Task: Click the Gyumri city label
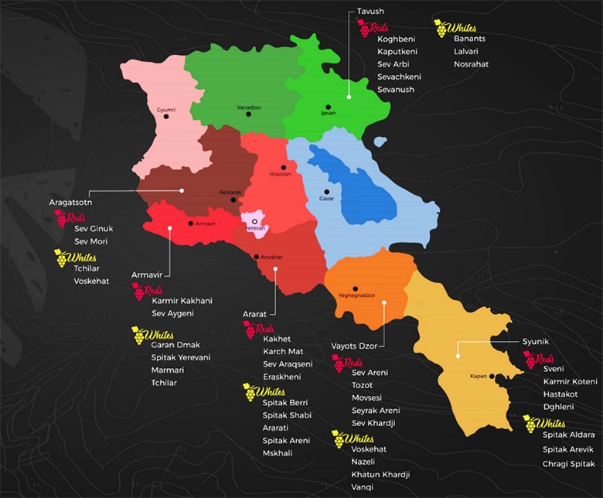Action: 166,110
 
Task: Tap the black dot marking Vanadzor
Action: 248,114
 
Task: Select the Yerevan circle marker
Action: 254,222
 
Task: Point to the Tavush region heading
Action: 370,12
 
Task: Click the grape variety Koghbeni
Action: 397,39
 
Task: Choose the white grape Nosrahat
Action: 471,64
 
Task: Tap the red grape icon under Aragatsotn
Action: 62,220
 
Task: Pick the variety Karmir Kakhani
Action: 182,301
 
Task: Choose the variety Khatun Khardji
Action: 380,474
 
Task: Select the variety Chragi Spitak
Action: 568,463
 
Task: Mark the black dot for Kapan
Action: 492,377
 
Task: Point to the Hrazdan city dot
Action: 284,167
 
